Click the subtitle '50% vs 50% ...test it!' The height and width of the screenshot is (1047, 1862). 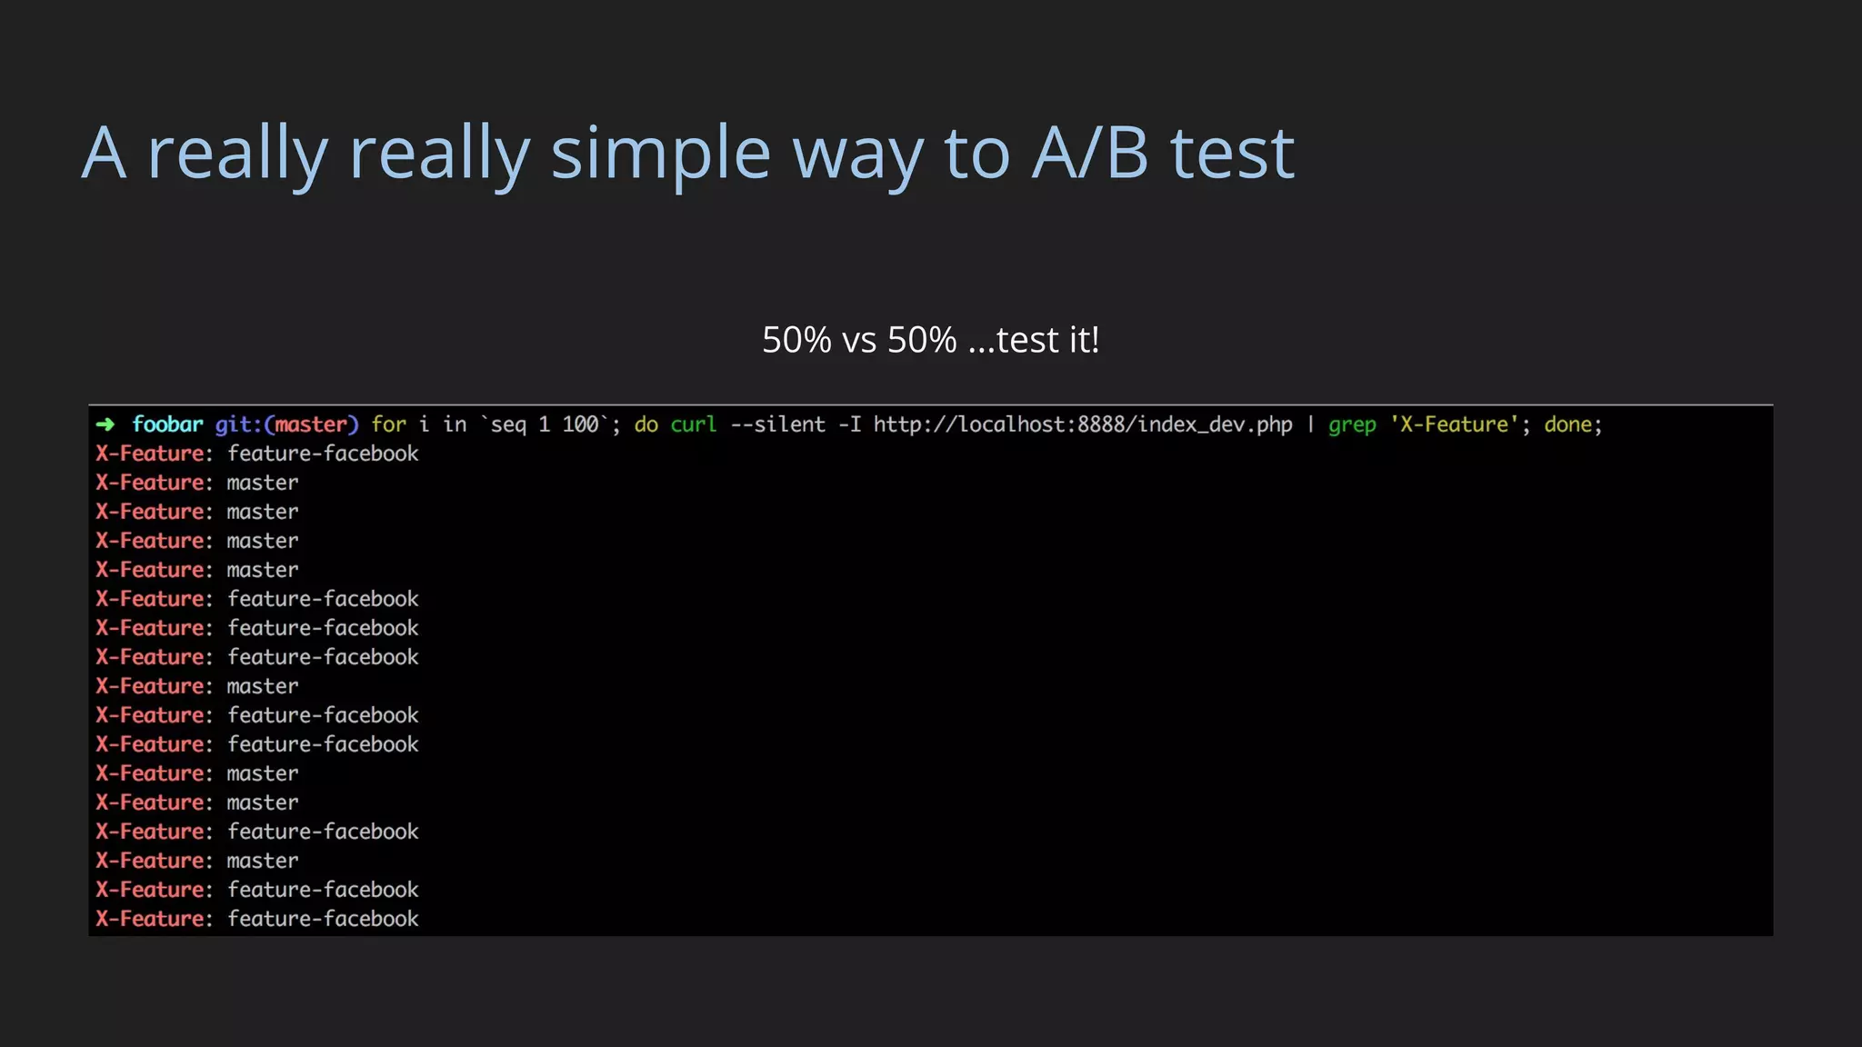coord(930,340)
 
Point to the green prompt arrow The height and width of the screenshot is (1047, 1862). coord(105,424)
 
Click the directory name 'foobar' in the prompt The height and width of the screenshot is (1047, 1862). coord(167,424)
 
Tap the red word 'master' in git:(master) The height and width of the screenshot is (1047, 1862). coord(311,424)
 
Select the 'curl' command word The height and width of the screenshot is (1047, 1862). coord(694,424)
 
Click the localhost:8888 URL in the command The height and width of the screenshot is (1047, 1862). coord(1083,424)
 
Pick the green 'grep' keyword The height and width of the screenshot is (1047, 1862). coord(1352,424)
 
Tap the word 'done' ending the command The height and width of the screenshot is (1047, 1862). coord(1567,424)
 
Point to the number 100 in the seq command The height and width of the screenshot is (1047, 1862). coord(580,424)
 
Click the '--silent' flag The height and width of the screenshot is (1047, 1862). coord(777,424)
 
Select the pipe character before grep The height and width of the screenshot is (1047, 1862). coord(1310,424)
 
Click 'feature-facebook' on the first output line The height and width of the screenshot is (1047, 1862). coord(323,454)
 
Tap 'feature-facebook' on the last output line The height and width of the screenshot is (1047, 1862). coord(323,919)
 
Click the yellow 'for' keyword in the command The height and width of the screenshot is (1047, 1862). coord(389,424)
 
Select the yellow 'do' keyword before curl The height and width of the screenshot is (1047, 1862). coord(646,424)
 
